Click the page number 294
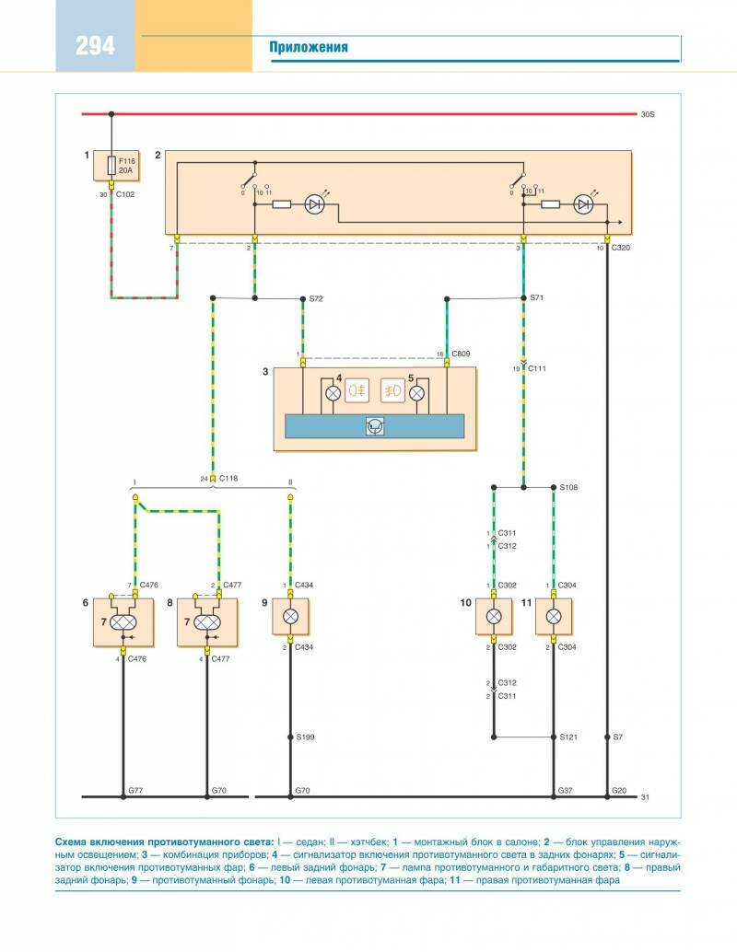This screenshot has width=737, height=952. click(x=96, y=45)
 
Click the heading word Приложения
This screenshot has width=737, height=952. click(x=309, y=47)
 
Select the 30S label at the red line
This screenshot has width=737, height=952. click(x=647, y=114)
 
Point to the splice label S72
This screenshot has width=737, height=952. click(x=316, y=300)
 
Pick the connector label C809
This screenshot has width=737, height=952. click(x=460, y=354)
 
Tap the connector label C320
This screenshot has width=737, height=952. click(x=622, y=248)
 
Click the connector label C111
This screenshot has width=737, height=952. click(x=537, y=368)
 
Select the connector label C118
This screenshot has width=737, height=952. click(x=227, y=479)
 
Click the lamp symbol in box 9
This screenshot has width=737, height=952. click(x=290, y=617)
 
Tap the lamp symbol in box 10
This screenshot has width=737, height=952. click(x=493, y=617)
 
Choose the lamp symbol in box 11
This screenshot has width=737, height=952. click(x=554, y=617)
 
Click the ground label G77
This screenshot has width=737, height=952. click(x=135, y=791)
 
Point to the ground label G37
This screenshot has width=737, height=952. click(x=567, y=791)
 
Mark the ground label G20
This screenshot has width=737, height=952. click(x=619, y=791)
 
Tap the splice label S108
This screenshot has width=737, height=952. click(x=569, y=486)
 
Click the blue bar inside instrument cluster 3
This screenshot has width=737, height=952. click(x=375, y=426)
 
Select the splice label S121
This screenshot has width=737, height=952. click(x=569, y=738)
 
